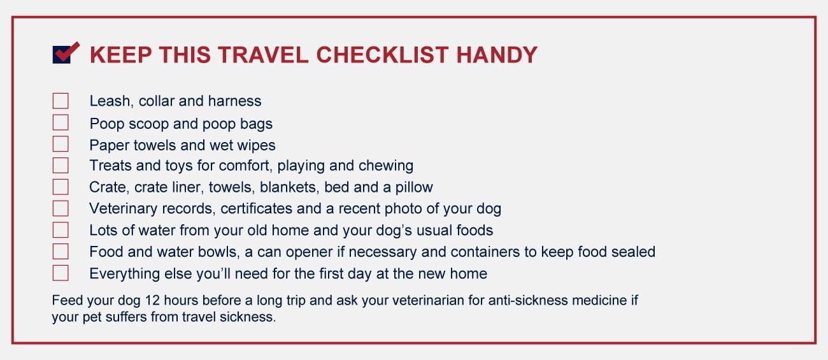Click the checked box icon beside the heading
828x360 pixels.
66,54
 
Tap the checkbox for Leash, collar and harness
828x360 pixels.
61,101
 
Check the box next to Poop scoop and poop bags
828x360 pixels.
61,122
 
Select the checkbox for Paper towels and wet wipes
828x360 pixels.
61,144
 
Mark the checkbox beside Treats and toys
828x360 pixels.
61,165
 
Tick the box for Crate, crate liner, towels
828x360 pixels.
61,187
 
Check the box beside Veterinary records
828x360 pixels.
61,208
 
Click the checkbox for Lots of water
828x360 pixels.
61,230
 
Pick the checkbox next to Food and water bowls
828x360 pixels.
61,251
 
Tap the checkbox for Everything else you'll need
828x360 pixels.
61,273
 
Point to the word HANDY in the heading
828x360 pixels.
497,55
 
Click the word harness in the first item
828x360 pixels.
234,101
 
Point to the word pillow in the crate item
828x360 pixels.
414,187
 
